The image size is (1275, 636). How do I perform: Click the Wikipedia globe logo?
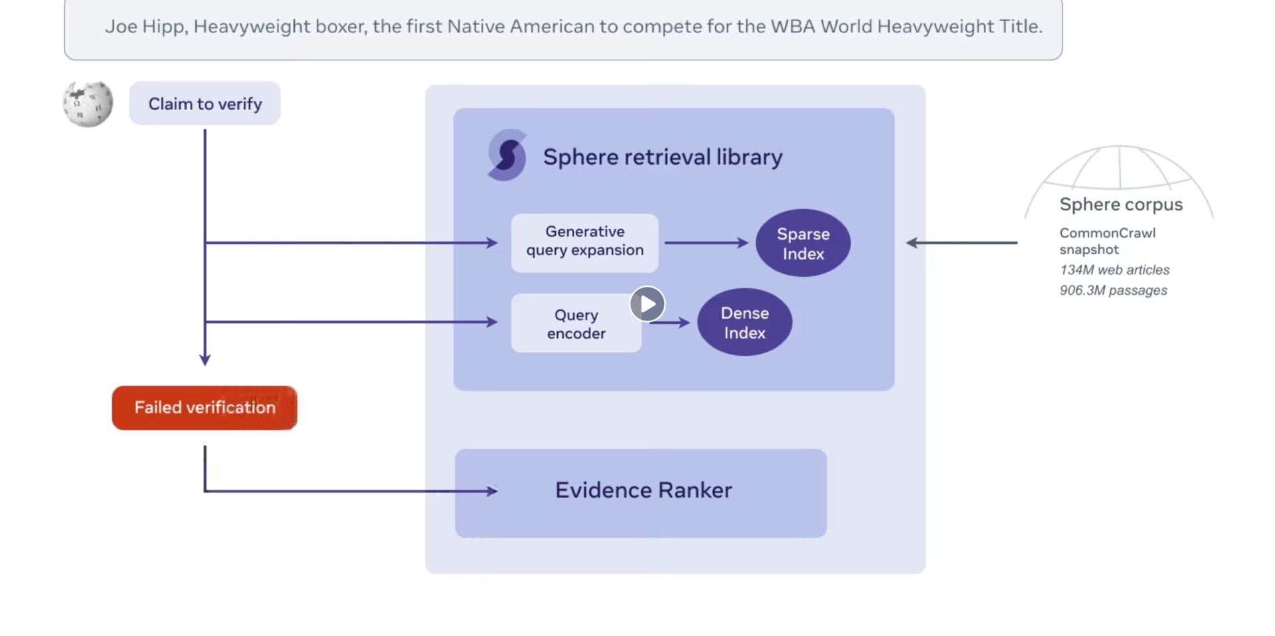pos(88,104)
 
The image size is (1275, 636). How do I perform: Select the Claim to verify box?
pos(205,104)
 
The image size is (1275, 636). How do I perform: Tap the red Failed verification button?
pos(205,408)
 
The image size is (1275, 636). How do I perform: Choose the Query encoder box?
pos(575,323)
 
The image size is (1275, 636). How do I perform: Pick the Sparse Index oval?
pos(803,243)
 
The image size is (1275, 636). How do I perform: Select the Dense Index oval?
pos(744,322)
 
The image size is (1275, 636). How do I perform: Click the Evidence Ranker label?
pos(643,490)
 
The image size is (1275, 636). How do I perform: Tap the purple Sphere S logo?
pos(507,155)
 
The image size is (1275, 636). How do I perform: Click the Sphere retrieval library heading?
pos(662,157)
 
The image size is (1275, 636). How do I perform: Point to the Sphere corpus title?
pos(1120,204)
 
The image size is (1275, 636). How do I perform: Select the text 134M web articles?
pos(1114,270)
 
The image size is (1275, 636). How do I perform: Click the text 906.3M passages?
pos(1112,290)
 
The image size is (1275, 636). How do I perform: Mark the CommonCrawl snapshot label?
pos(1106,241)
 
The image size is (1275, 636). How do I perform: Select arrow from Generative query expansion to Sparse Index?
pos(706,243)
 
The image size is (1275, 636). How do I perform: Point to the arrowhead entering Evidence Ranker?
pos(492,491)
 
